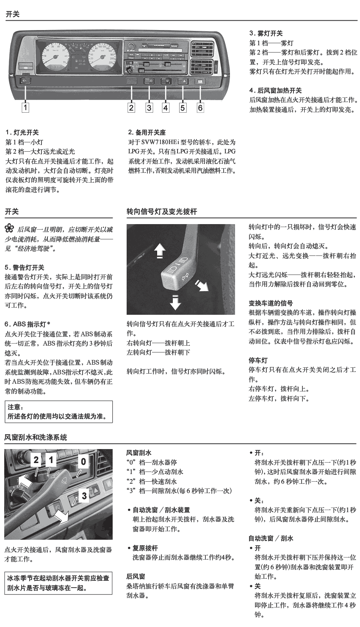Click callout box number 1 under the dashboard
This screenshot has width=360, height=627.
pos(25,108)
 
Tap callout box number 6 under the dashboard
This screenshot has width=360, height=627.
pos(200,108)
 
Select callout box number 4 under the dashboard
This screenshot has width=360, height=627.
pos(166,108)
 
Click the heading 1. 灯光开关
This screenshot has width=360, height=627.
pos(22,133)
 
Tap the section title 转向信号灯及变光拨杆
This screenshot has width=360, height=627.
pos(162,211)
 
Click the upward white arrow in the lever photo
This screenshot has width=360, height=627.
pos(159,250)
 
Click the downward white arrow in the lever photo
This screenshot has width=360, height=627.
pos(174,301)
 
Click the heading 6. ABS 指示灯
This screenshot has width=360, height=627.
pos(27,325)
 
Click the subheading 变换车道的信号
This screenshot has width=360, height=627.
pos(270,303)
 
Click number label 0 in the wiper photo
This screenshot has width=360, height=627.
pos(83,461)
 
